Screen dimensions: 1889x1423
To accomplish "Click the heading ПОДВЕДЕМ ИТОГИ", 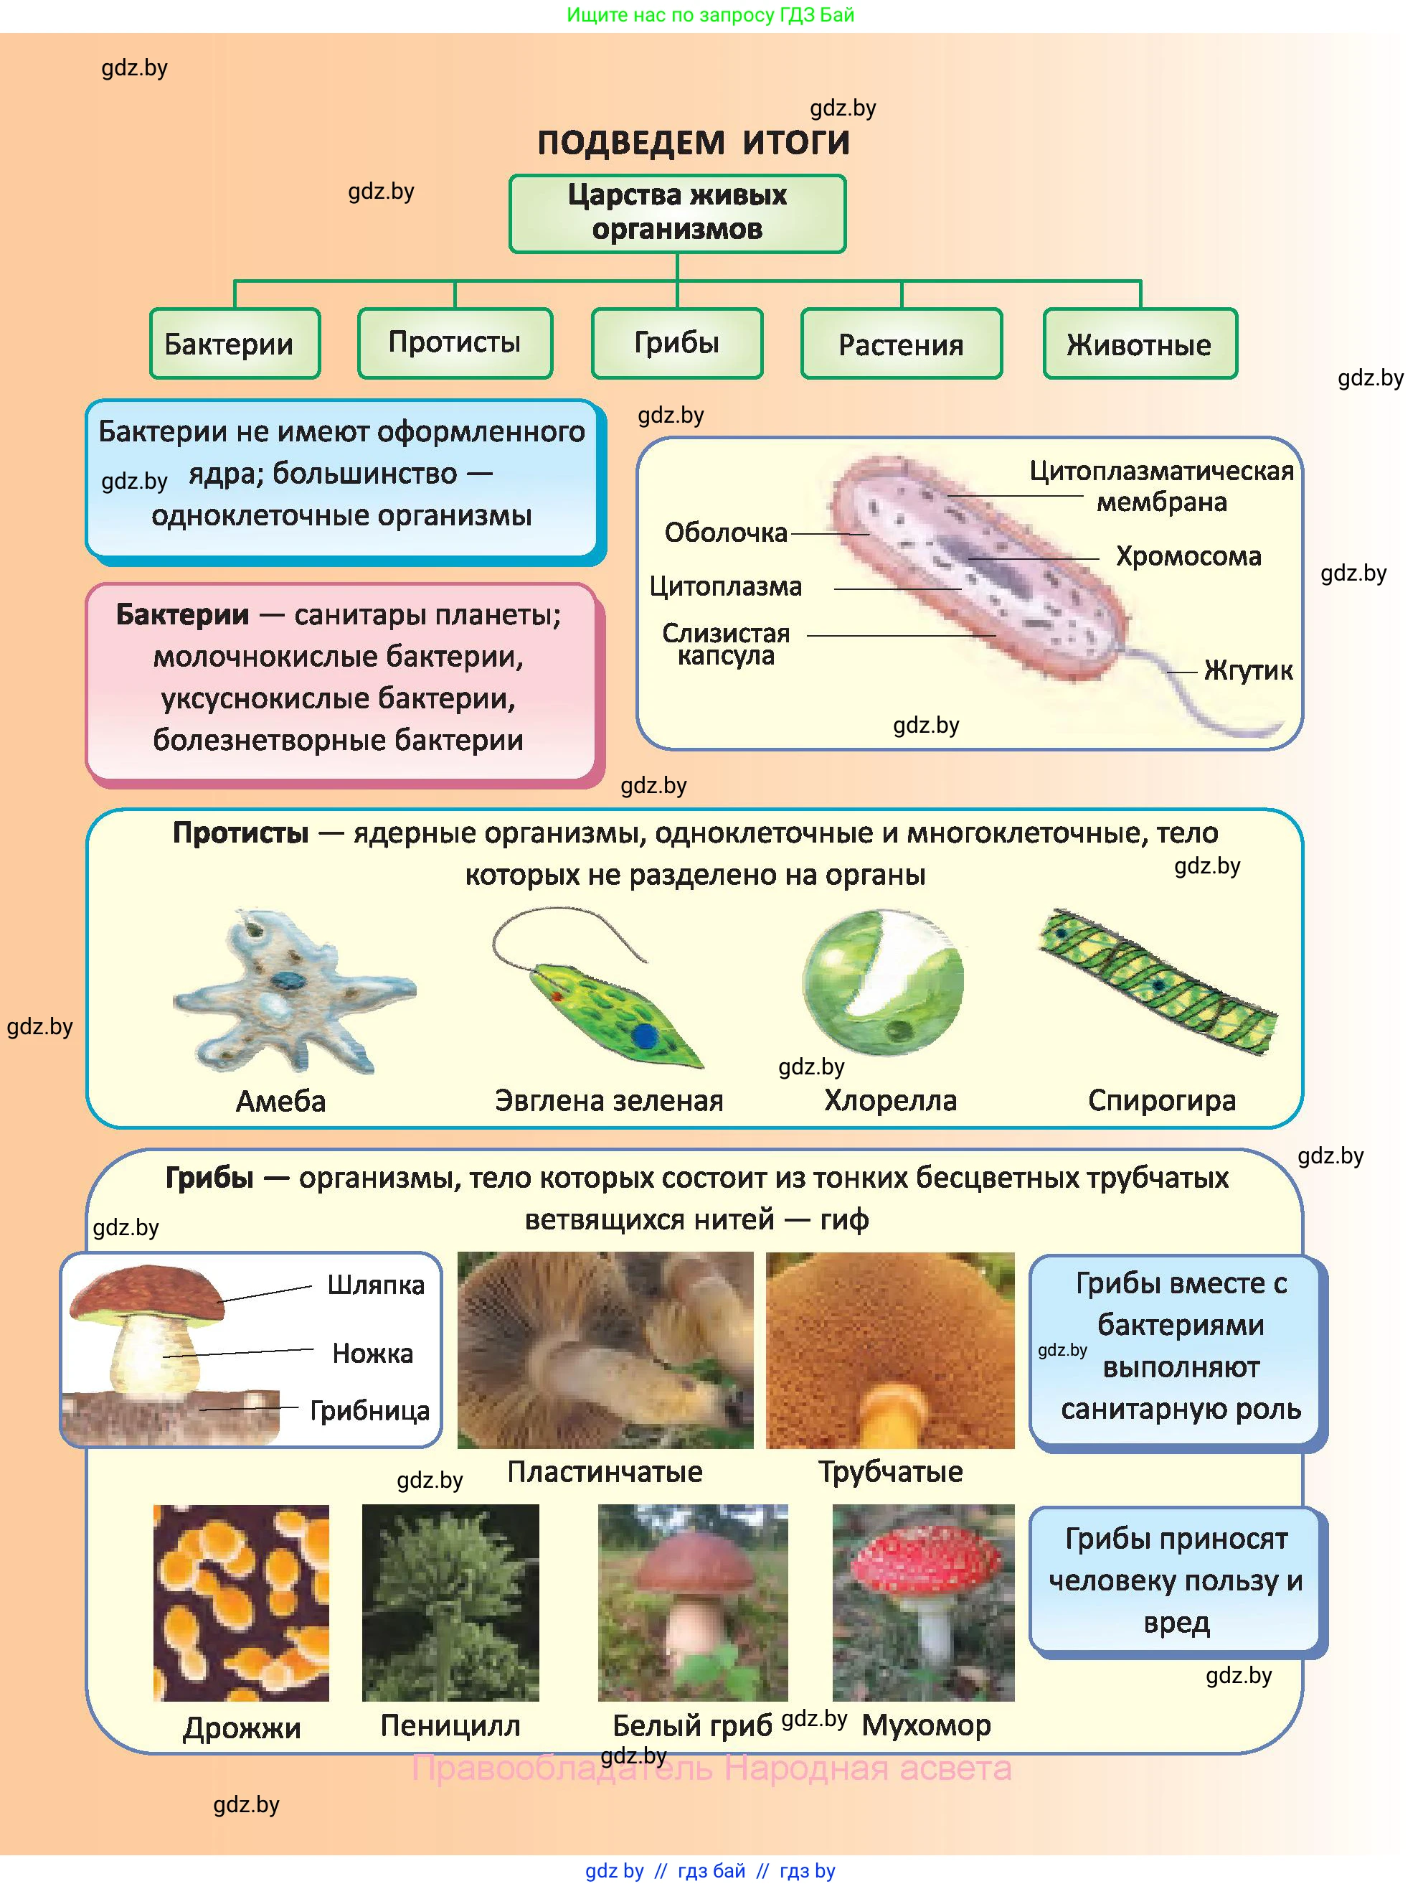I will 693,143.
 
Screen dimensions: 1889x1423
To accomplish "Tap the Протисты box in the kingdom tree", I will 455,342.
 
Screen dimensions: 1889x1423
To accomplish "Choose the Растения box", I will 901,344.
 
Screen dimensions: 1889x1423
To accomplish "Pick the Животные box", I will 1139,344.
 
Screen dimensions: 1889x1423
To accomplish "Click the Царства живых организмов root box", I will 677,212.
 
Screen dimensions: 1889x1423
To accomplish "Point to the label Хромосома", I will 1188,557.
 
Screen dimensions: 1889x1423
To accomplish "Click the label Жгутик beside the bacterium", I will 1247,670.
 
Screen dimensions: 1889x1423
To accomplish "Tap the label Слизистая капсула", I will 726,644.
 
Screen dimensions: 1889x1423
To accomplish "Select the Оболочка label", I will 726,533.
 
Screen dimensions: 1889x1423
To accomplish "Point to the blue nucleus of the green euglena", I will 646,1035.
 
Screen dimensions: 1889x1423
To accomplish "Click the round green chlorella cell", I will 884,982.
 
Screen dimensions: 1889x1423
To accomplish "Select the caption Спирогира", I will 1161,1101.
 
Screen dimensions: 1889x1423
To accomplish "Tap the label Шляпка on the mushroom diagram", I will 376,1285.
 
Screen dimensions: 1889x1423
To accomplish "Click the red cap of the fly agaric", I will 922,1565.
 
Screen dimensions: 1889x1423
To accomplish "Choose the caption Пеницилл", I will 450,1725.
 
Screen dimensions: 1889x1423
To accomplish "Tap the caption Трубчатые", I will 890,1471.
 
